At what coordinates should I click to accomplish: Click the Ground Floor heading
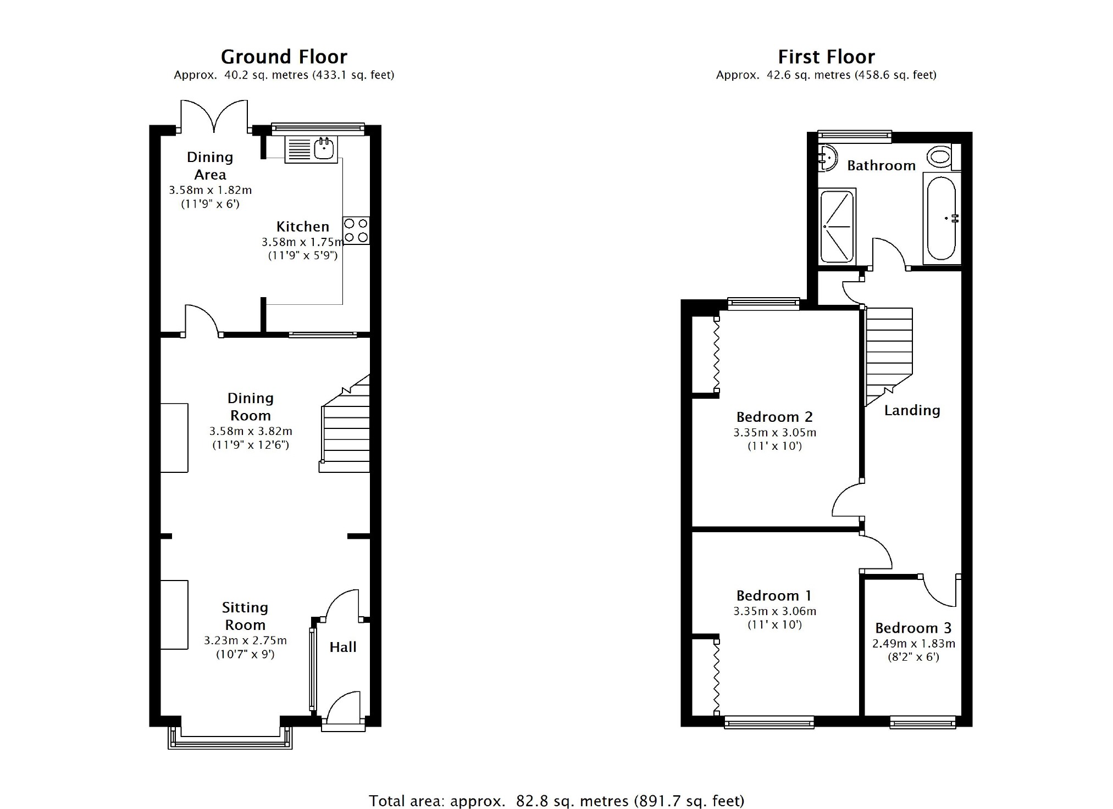pos(284,57)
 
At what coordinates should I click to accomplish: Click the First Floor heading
pos(826,57)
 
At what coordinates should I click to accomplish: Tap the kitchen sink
pos(311,149)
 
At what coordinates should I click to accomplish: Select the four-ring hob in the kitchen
pos(356,231)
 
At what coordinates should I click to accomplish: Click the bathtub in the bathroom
pos(941,218)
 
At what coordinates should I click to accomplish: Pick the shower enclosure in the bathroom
pos(837,226)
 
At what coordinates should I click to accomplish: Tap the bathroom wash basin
pos(827,158)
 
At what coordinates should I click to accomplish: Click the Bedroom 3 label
pos(913,628)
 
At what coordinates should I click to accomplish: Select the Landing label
pos(912,411)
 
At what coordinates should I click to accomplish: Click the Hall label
pos(343,647)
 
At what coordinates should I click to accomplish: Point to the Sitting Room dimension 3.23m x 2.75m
pos(245,640)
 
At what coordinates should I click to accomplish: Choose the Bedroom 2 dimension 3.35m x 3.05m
pos(774,433)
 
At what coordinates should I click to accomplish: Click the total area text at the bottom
pos(556,801)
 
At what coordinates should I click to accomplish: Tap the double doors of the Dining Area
pos(214,116)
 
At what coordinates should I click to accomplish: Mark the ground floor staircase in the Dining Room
pos(345,423)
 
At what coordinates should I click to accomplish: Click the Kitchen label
pos(302,226)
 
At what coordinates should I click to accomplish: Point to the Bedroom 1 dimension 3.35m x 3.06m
pos(774,611)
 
